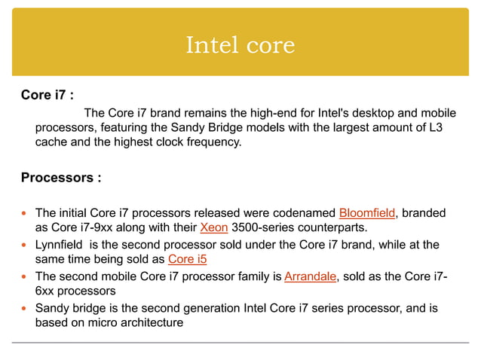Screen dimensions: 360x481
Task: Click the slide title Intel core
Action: coord(240,45)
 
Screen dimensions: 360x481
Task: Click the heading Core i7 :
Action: coord(47,96)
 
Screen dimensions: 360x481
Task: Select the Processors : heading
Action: coord(60,178)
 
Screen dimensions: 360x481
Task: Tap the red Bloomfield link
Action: coord(366,212)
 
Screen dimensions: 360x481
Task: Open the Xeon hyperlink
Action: coord(214,227)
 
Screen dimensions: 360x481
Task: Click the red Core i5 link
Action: coord(187,259)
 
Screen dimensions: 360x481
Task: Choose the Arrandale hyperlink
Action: coord(310,276)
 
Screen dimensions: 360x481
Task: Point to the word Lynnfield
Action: coord(60,244)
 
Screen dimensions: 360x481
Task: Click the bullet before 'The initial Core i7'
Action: coord(25,213)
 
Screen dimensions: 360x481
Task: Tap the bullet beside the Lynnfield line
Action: coord(25,245)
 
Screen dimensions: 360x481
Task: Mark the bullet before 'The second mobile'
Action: coord(25,276)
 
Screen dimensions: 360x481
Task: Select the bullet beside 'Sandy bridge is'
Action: coord(25,308)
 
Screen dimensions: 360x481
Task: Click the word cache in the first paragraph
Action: coord(51,141)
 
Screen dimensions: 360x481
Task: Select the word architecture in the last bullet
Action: coord(150,322)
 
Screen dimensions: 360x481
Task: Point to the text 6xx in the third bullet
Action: coord(46,291)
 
